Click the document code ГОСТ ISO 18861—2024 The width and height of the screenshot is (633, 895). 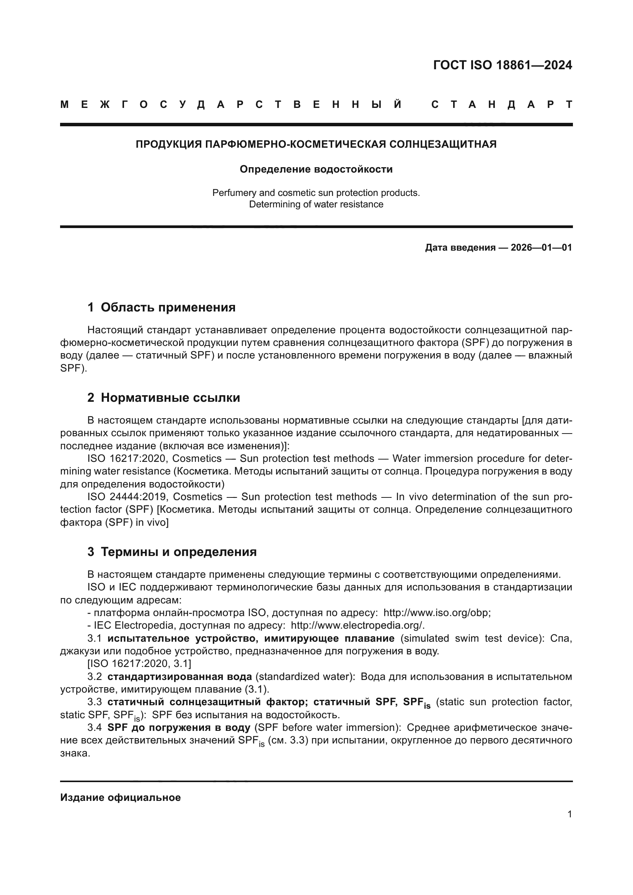click(502, 65)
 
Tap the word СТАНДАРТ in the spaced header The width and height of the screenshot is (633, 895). click(502, 105)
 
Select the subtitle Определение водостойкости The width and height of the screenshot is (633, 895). click(316, 169)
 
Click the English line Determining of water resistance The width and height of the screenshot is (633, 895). click(316, 204)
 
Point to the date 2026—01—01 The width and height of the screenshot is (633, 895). click(541, 248)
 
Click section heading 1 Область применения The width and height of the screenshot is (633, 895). click(162, 308)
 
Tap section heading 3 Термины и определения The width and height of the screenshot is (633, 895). click(172, 552)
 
